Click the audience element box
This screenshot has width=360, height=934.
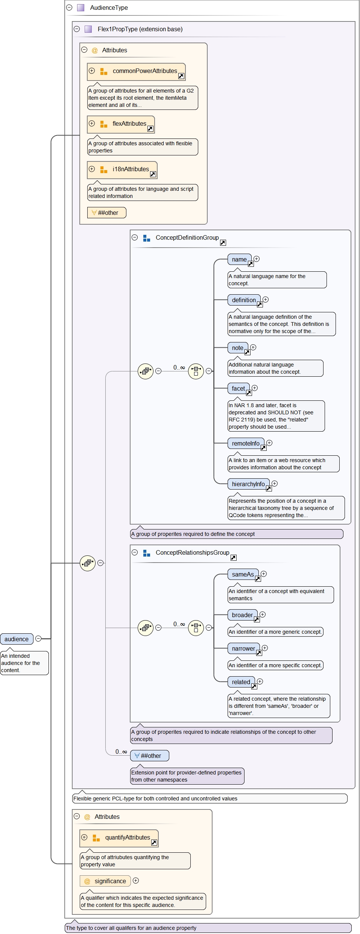click(x=17, y=639)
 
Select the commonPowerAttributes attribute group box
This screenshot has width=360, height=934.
click(x=136, y=71)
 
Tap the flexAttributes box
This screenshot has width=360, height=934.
click(x=121, y=124)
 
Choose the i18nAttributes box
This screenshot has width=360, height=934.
click(x=122, y=170)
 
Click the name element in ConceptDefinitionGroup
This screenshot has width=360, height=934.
click(x=239, y=259)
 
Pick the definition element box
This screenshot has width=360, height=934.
click(x=244, y=300)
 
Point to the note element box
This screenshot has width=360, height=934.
click(x=238, y=348)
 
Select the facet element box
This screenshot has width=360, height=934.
click(x=238, y=388)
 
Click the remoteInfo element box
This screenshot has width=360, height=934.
click(x=246, y=443)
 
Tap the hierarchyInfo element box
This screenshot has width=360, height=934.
click(x=248, y=484)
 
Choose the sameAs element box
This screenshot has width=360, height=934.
click(x=243, y=574)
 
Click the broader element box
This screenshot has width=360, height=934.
click(x=242, y=615)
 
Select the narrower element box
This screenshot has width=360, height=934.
click(x=243, y=648)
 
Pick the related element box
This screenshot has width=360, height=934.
click(x=241, y=682)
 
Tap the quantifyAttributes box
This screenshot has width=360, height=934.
click(x=119, y=838)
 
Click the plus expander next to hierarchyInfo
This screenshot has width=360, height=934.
click(x=275, y=484)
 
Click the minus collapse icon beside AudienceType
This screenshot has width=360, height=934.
click(x=69, y=8)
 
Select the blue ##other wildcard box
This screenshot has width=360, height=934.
click(x=149, y=756)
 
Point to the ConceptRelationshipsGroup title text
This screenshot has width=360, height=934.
click(x=192, y=552)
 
